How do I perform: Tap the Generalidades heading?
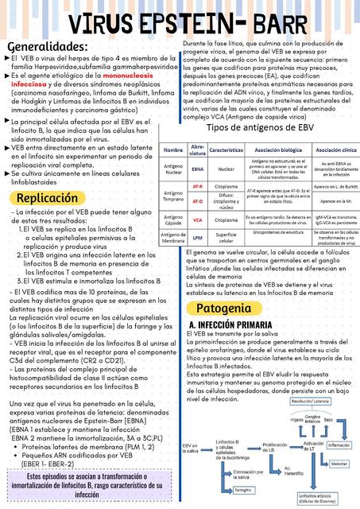[48, 45]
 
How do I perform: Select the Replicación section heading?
[47, 197]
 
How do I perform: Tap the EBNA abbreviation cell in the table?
[198, 169]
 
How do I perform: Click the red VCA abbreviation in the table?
[198, 220]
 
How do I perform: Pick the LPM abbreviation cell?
[198, 238]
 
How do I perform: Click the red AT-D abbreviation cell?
[198, 201]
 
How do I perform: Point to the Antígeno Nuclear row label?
[172, 169]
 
